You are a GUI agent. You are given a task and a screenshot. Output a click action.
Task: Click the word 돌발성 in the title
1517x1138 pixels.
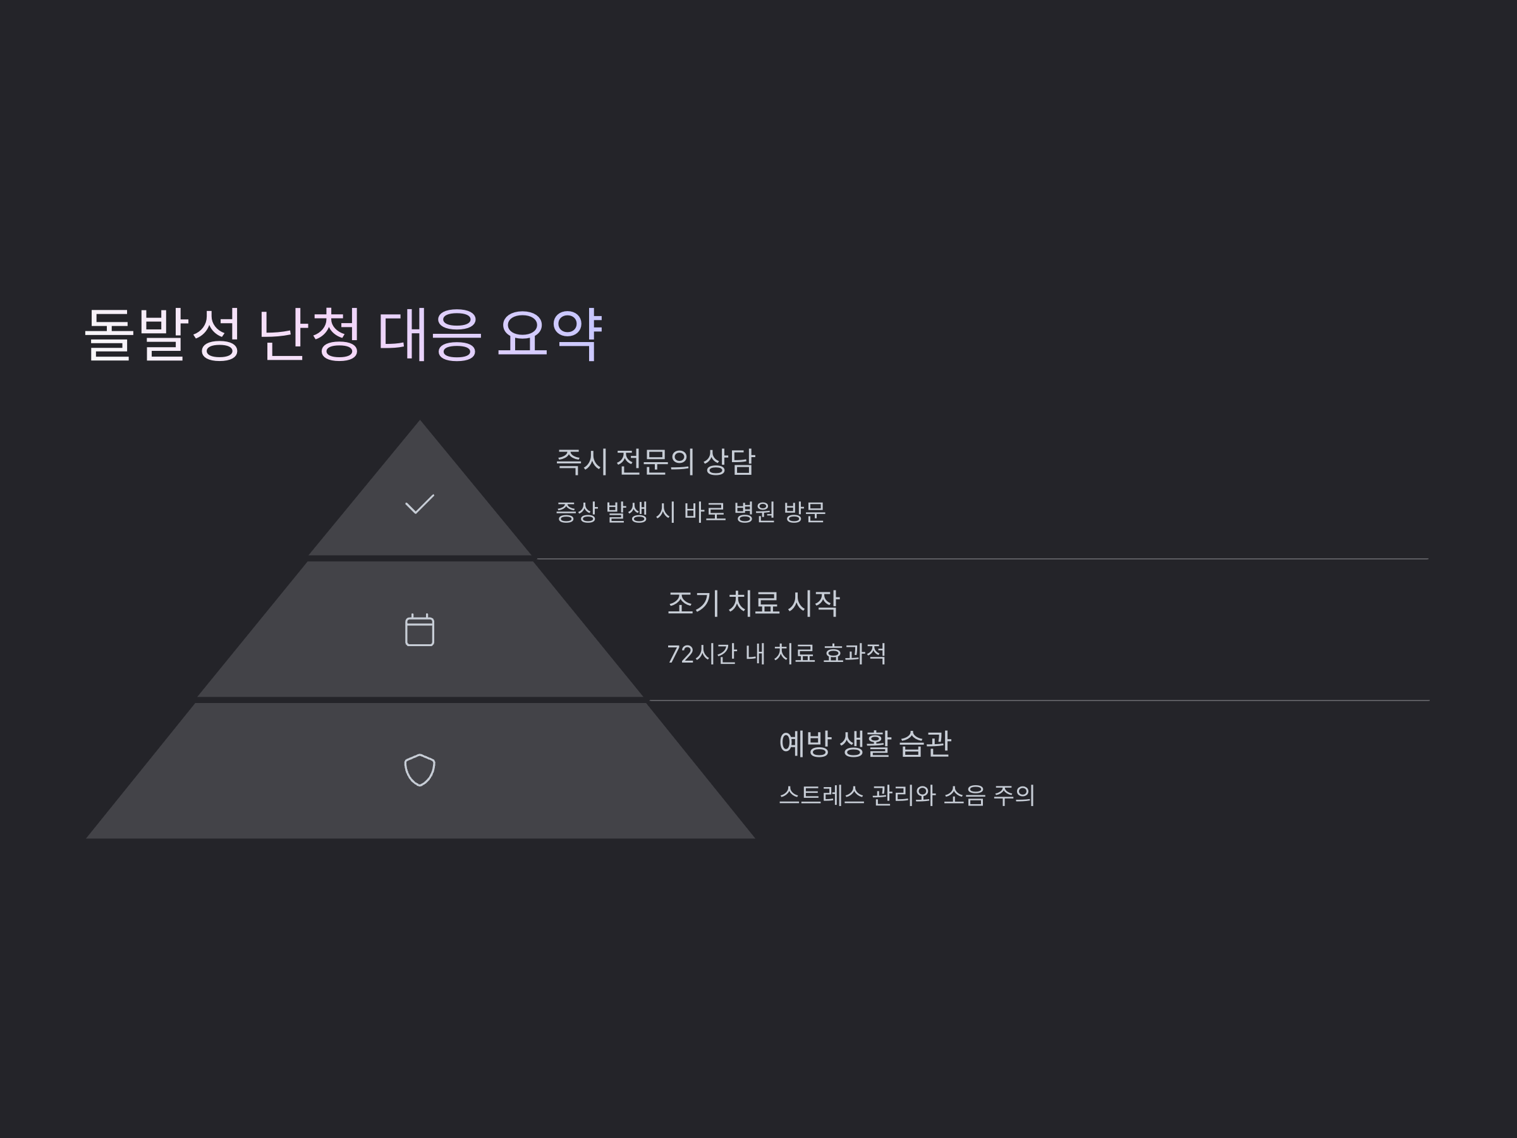coord(162,334)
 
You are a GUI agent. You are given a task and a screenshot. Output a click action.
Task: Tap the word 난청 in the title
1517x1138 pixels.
coord(308,334)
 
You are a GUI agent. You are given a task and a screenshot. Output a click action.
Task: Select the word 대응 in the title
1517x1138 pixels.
coord(429,334)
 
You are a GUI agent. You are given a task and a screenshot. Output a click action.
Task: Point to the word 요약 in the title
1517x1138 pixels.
coord(549,334)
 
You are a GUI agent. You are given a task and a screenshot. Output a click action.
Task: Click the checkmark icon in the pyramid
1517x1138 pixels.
coord(419,504)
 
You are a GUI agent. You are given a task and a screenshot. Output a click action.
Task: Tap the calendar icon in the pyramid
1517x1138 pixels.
coord(419,630)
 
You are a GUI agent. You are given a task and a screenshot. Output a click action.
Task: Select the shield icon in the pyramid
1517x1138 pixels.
coord(419,769)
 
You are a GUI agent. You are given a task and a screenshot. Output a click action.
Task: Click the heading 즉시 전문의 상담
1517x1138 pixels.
coord(654,462)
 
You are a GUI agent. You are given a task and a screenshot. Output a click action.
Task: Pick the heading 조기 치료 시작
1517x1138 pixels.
coord(752,604)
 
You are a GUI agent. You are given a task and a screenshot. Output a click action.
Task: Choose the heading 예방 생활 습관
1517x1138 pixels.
coord(865,744)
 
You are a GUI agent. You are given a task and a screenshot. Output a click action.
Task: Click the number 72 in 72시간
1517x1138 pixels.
coord(680,654)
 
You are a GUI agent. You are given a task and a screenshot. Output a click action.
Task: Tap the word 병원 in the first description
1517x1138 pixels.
coord(753,512)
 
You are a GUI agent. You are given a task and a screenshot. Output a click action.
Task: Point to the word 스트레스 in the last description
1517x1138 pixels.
coord(822,796)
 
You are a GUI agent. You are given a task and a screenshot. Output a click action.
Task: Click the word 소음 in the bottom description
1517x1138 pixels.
coord(963,796)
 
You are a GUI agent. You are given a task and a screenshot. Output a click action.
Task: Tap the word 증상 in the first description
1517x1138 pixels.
coord(576,512)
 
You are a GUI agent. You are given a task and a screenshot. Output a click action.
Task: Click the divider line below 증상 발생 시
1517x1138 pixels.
coord(981,559)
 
